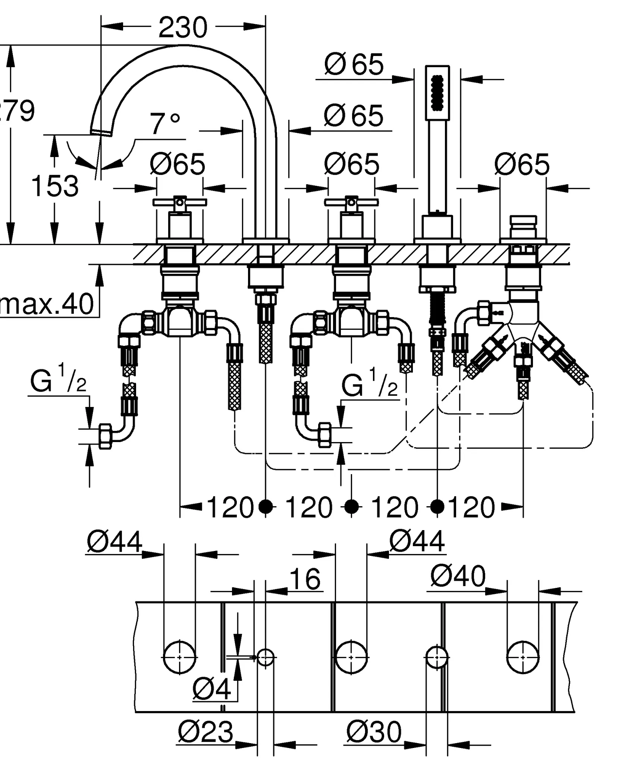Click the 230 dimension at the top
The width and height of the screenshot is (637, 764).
[183, 27]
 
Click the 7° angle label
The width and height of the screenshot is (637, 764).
[164, 124]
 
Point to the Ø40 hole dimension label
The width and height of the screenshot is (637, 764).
[458, 576]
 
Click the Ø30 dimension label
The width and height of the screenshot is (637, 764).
[374, 732]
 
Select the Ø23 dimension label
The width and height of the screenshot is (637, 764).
[205, 732]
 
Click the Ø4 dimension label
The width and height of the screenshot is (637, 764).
[211, 689]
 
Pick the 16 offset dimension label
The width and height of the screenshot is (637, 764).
[305, 579]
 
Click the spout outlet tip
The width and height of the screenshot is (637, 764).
[101, 132]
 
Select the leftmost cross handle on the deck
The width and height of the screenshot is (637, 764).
[180, 203]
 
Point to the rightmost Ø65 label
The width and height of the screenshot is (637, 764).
[522, 164]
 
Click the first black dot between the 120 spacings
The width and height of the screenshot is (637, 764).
[266, 507]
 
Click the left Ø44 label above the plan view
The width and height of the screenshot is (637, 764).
[114, 541]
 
